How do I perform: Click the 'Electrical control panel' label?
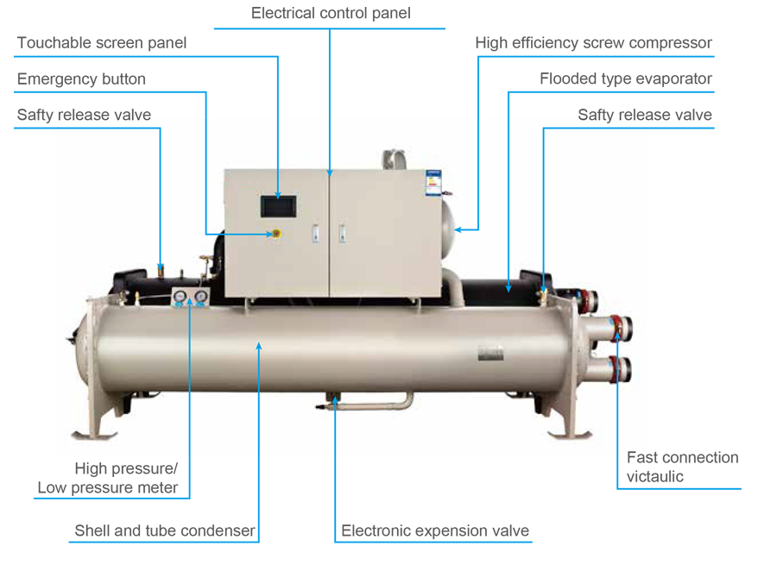331,14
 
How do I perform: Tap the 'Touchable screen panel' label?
102,43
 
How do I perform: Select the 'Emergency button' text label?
81,79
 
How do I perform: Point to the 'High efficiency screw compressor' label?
593,43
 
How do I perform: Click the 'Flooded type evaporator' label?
625,79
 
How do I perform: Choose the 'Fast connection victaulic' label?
682,467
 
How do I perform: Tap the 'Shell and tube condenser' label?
165,530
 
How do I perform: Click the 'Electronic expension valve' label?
434,530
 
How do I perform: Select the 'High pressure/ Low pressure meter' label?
108,479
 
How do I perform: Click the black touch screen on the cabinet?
279,206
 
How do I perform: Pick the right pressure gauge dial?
199,298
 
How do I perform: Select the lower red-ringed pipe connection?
619,368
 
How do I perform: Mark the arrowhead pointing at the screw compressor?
458,229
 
